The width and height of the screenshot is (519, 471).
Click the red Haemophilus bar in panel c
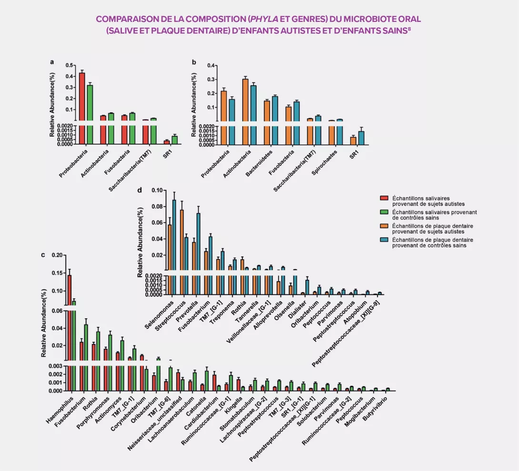pyautogui.click(x=70, y=333)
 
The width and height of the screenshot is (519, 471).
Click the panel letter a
pyautogui.click(x=52, y=62)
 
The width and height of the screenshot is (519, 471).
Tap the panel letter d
pyautogui.click(x=139, y=190)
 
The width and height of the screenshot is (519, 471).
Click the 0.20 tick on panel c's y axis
pyautogui.click(x=57, y=255)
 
